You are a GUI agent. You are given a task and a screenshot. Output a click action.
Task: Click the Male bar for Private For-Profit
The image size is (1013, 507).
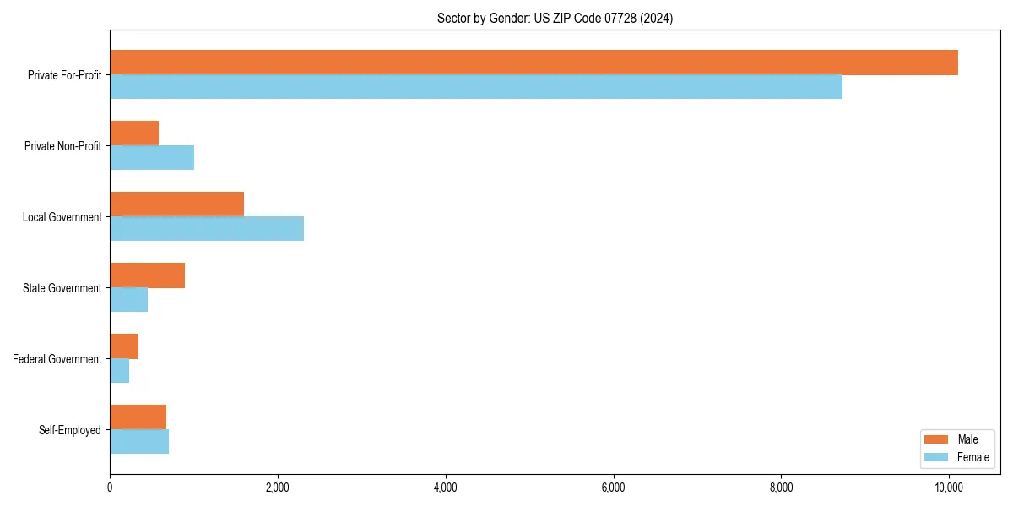pos(534,63)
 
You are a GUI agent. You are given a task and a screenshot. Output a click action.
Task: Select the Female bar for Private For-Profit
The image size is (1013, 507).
pos(476,87)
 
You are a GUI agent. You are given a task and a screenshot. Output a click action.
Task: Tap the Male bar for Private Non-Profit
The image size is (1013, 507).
pos(134,134)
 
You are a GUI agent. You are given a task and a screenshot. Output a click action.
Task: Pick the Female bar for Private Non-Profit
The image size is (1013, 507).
pos(152,158)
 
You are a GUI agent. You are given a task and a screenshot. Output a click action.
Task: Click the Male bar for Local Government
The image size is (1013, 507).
pos(177,204)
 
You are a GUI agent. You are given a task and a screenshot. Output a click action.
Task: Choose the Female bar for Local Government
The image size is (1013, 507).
pos(207,229)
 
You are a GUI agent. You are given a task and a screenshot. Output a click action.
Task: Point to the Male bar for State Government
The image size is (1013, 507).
pos(148,275)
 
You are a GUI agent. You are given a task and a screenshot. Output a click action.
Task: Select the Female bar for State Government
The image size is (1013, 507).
pos(129,300)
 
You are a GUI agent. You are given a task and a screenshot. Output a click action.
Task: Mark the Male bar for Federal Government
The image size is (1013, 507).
pos(124,346)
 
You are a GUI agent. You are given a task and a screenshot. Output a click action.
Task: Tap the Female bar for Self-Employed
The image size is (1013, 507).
pos(139,442)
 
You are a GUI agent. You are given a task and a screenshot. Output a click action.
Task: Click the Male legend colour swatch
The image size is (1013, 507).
pos(936,439)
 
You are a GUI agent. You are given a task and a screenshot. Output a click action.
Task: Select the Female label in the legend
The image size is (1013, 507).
pos(973,457)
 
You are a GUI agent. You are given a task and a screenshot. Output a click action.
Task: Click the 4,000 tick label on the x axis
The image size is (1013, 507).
pos(445,488)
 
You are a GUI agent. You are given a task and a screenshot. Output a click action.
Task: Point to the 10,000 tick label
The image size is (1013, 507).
pos(949,488)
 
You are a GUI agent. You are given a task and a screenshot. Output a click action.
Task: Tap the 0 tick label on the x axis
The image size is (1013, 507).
pos(110,488)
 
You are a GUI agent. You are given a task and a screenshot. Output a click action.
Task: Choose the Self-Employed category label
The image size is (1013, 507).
pos(70,430)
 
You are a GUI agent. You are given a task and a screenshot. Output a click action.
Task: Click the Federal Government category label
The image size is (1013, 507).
pos(57,359)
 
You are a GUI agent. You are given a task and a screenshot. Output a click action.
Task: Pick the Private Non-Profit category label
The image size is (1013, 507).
pos(63,146)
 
